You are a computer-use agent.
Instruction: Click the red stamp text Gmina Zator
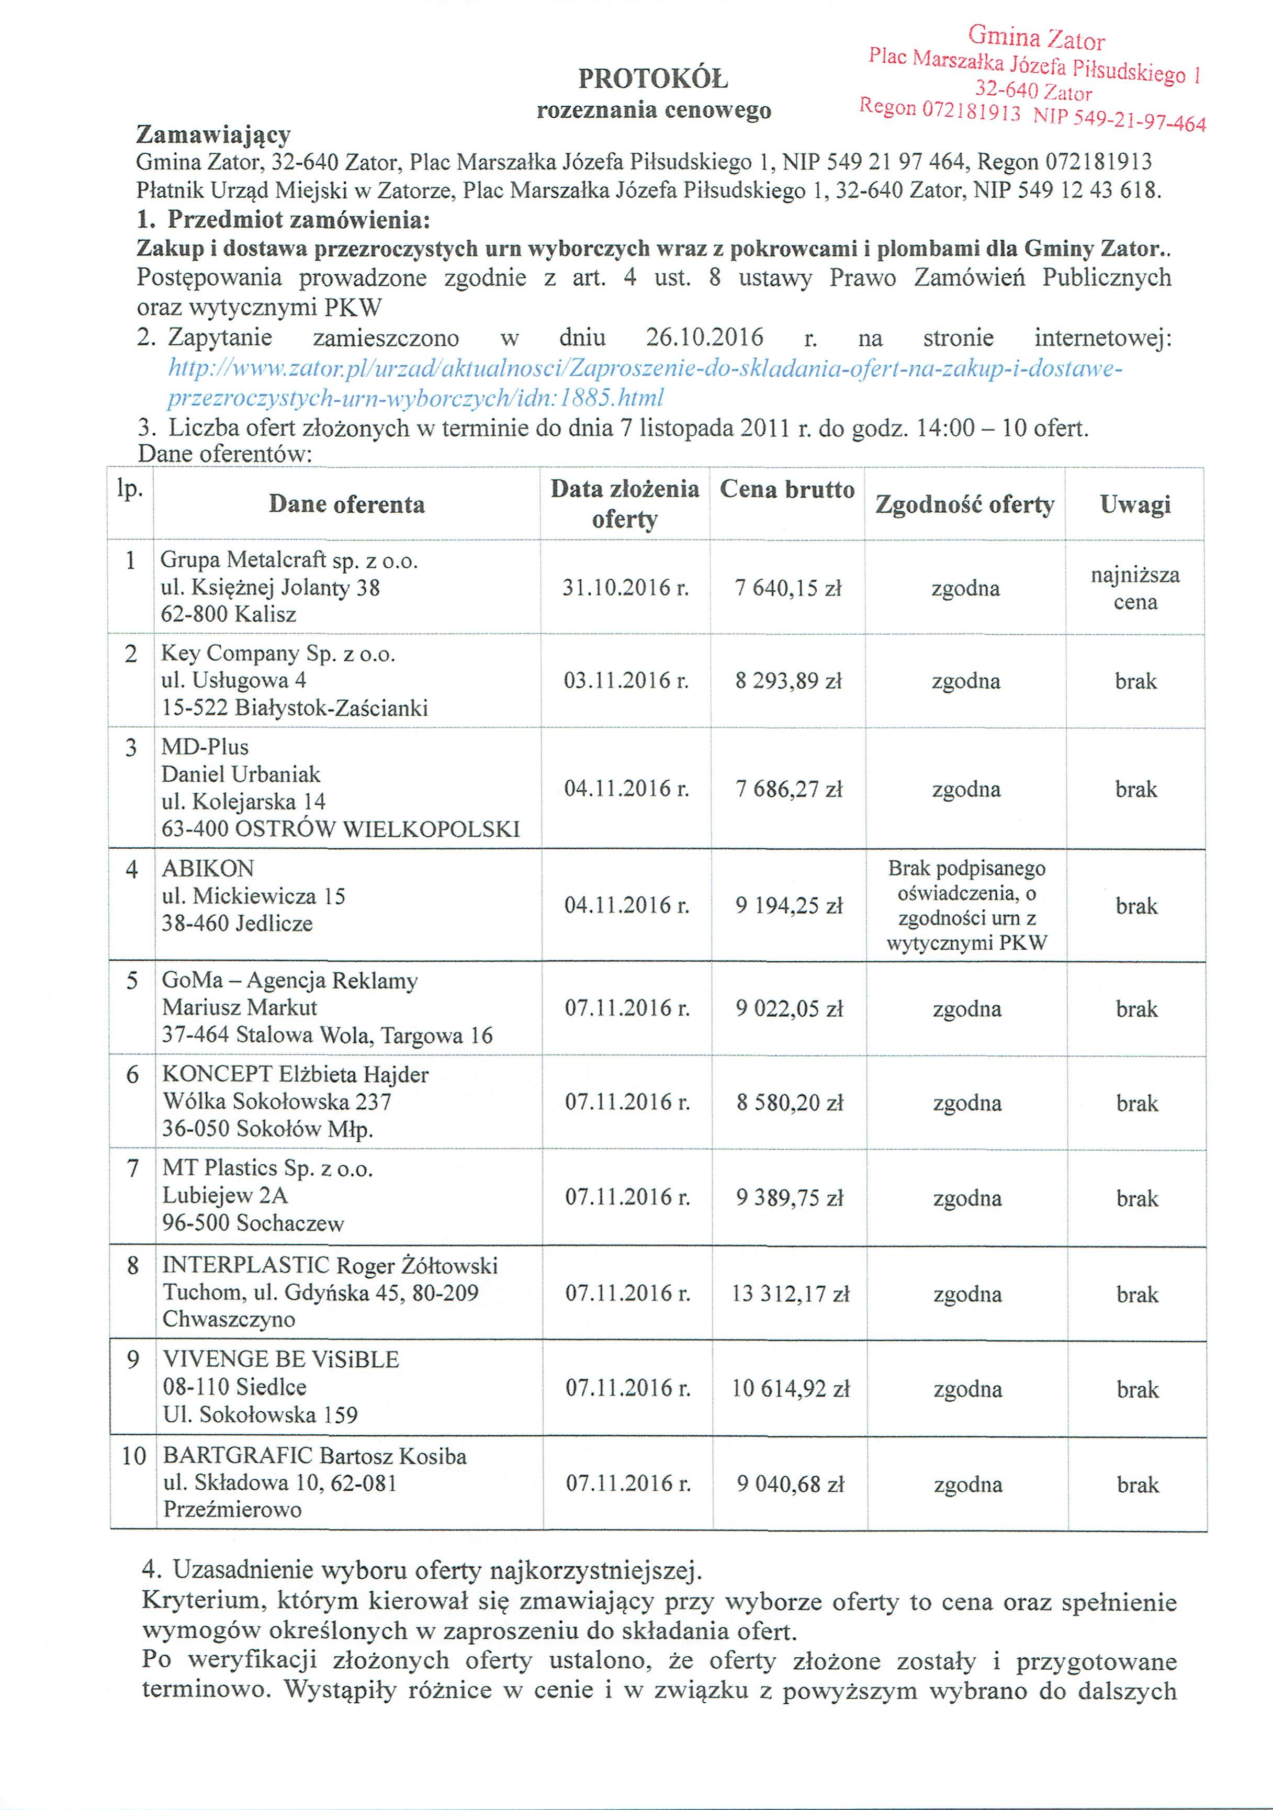coord(1036,38)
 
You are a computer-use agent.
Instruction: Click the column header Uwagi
coord(1135,504)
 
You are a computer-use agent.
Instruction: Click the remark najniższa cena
coord(1135,588)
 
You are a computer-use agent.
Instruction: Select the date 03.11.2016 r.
coord(626,680)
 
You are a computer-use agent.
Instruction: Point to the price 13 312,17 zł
coord(791,1294)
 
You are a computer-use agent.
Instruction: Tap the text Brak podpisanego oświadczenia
coord(966,881)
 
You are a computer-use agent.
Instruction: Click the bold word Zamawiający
coord(213,134)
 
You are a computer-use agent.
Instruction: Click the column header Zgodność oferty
coord(964,504)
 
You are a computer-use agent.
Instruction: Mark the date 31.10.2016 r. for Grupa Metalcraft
coord(626,588)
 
